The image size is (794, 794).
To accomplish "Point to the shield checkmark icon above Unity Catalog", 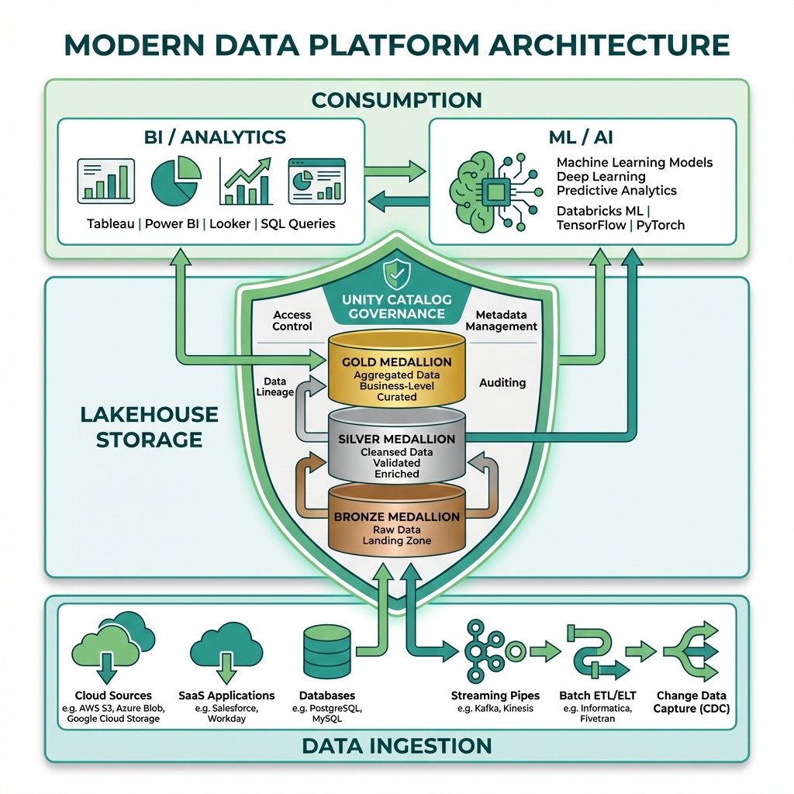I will [x=396, y=274].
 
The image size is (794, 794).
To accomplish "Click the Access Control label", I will [x=292, y=320].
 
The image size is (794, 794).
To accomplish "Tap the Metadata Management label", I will [x=502, y=320].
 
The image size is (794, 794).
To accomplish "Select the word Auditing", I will [x=502, y=382].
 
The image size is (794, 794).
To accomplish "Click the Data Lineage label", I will [x=274, y=387].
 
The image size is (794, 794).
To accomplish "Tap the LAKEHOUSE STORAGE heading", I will [x=149, y=426].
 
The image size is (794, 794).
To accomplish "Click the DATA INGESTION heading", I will [x=397, y=746].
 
